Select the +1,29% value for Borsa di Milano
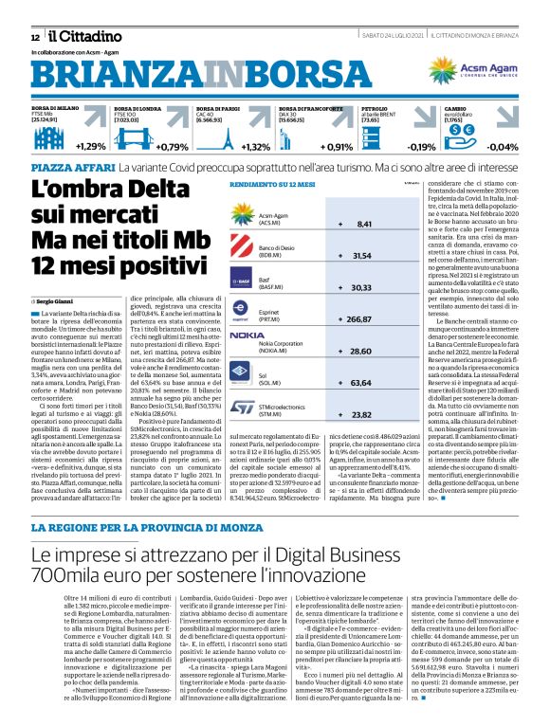pos(91,147)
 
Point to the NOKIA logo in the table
pos(247,336)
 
